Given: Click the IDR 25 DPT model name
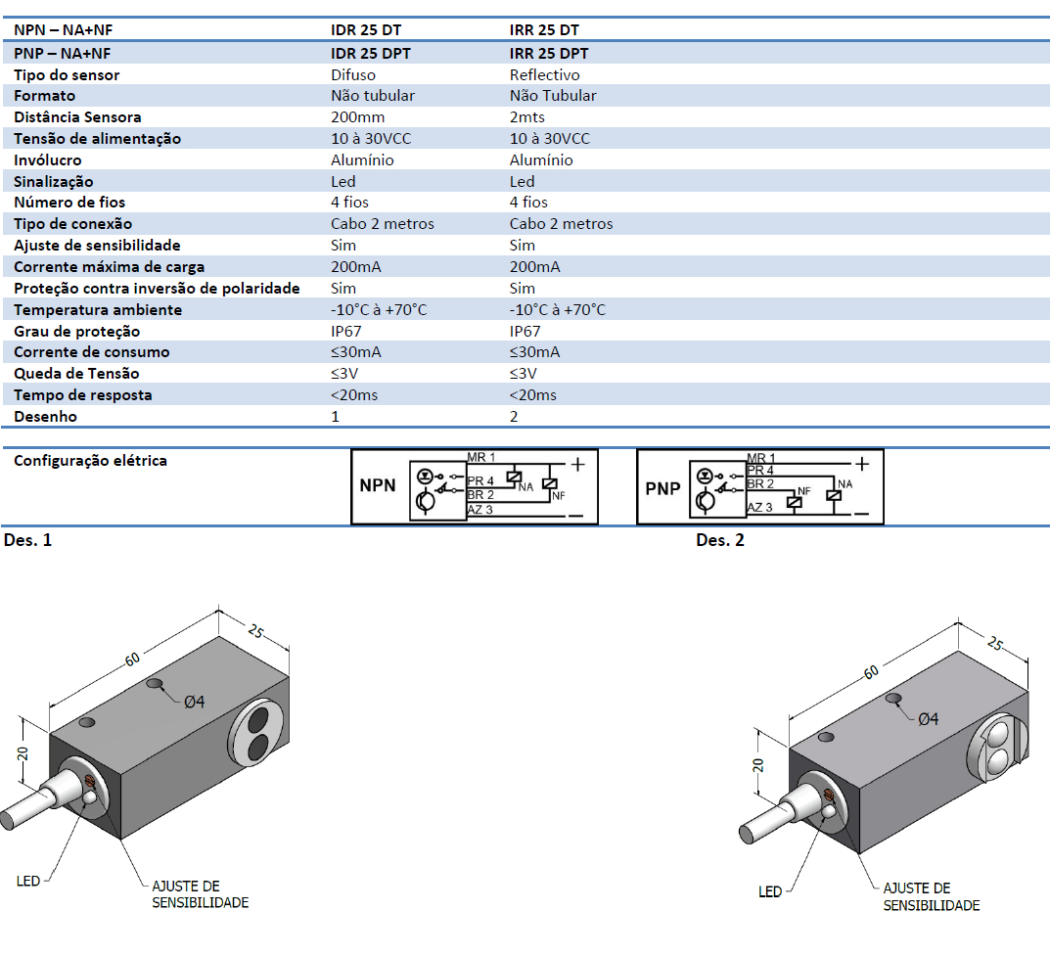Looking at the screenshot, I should pyautogui.click(x=371, y=54).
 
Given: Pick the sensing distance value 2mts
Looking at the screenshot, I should pyautogui.click(x=528, y=117).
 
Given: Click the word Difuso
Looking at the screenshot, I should pyautogui.click(x=354, y=74).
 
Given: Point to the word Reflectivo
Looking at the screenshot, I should pyautogui.click(x=544, y=74).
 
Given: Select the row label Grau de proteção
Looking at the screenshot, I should pyautogui.click(x=77, y=331).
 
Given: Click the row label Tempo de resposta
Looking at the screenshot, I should pyautogui.click(x=83, y=395).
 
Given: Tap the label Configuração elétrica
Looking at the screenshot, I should pyautogui.click(x=90, y=460).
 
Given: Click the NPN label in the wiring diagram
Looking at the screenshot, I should pyautogui.click(x=378, y=485).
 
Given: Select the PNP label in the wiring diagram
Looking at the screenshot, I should pyautogui.click(x=662, y=487).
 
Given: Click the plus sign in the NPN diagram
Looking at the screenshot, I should pyautogui.click(x=578, y=463).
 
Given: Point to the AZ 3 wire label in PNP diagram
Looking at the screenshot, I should pyautogui.click(x=759, y=507).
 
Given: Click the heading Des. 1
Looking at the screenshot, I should pyautogui.click(x=27, y=540).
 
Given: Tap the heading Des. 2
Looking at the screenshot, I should pyautogui.click(x=719, y=540).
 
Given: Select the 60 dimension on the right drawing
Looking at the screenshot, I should pyautogui.click(x=870, y=671).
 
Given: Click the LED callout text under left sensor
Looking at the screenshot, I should pyautogui.click(x=28, y=881).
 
